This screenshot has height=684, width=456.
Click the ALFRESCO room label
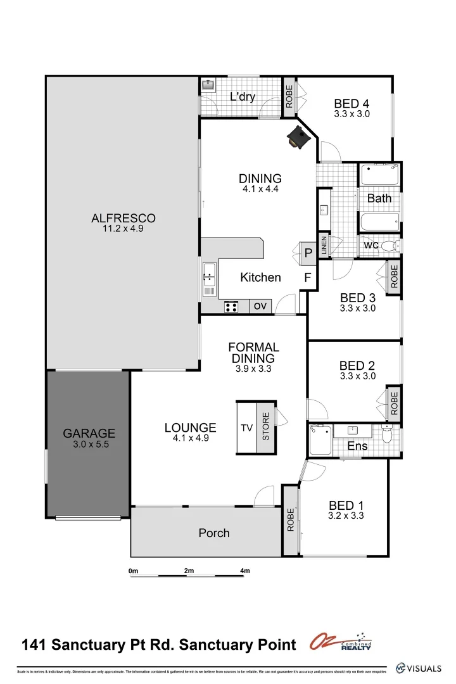click(x=123, y=218)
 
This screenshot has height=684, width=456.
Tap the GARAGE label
click(x=89, y=434)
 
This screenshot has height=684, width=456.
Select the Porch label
click(x=214, y=533)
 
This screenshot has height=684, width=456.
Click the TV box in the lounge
click(x=246, y=428)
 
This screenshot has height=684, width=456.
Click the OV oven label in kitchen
click(x=260, y=307)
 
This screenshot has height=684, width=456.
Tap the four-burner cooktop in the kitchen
click(x=232, y=307)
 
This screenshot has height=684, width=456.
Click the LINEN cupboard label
click(x=324, y=245)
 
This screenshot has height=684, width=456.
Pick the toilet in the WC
click(x=391, y=246)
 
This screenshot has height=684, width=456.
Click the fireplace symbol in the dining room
click(x=298, y=137)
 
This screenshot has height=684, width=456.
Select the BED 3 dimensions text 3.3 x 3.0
click(x=358, y=308)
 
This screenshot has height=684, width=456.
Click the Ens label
click(x=357, y=446)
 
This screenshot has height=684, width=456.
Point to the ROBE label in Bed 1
click(x=291, y=521)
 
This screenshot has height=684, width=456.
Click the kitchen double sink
click(x=208, y=279)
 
